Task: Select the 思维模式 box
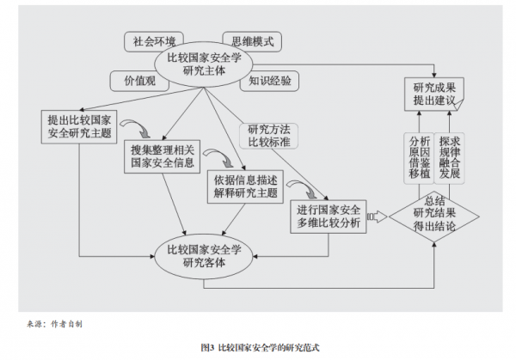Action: pyautogui.click(x=251, y=40)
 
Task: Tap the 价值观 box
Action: pyautogui.click(x=133, y=81)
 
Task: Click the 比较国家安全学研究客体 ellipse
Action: pyautogui.click(x=204, y=255)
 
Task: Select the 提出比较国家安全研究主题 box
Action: pyautogui.click(x=78, y=126)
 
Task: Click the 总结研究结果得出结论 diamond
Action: pyautogui.click(x=433, y=212)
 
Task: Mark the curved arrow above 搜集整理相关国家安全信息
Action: pyautogui.click(x=136, y=130)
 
